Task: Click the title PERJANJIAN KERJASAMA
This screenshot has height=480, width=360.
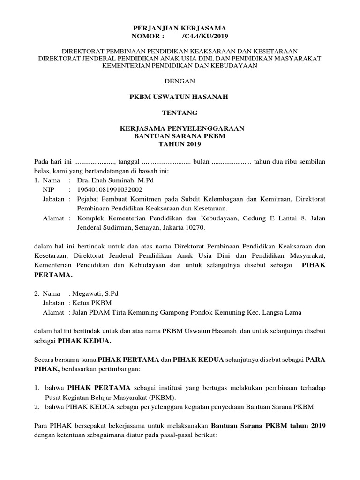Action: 180,28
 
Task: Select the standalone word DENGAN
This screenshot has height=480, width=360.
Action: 180,81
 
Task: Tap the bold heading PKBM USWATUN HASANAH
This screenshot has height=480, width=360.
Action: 180,97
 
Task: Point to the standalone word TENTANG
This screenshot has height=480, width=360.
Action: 180,112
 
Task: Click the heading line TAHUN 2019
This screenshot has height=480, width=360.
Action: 180,144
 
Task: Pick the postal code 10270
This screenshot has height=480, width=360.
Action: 195,227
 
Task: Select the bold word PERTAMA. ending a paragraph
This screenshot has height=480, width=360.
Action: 54,275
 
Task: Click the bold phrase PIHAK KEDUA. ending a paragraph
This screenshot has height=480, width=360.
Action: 84,341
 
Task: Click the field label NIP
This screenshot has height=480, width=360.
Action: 48,189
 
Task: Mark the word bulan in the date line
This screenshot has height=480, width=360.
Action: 201,161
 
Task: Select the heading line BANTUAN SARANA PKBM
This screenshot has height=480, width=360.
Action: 180,136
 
